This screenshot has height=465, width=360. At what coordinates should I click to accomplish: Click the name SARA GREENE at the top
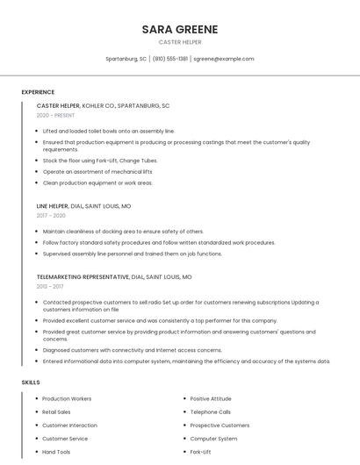click(180, 29)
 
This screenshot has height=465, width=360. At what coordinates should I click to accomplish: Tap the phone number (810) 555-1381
click(170, 59)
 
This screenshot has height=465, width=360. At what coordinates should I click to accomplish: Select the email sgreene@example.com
click(224, 59)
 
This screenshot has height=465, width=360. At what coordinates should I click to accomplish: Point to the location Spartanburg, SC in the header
click(126, 59)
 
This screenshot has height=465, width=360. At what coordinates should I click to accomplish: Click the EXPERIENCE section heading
click(38, 92)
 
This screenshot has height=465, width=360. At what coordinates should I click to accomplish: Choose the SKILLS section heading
click(31, 383)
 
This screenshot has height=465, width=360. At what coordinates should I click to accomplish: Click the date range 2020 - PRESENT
click(55, 116)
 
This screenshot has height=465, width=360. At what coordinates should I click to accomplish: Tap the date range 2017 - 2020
click(51, 215)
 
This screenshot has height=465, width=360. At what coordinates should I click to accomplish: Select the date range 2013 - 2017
click(50, 286)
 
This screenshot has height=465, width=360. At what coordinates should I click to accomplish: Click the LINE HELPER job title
click(53, 205)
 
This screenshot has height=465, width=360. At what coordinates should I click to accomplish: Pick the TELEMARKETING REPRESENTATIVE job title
click(83, 276)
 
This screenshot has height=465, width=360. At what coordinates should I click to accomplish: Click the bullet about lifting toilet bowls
click(108, 131)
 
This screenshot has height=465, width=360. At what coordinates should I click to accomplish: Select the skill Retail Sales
click(56, 411)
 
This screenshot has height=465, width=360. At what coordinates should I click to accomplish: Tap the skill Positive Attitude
click(211, 398)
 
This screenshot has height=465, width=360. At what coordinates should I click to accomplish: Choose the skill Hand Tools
click(55, 452)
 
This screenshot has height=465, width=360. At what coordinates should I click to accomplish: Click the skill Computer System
click(213, 439)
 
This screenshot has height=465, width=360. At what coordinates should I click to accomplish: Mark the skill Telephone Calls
click(211, 411)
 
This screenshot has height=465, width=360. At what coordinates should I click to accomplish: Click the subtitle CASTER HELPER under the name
click(180, 41)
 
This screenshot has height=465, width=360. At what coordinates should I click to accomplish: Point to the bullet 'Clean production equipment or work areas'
click(97, 183)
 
